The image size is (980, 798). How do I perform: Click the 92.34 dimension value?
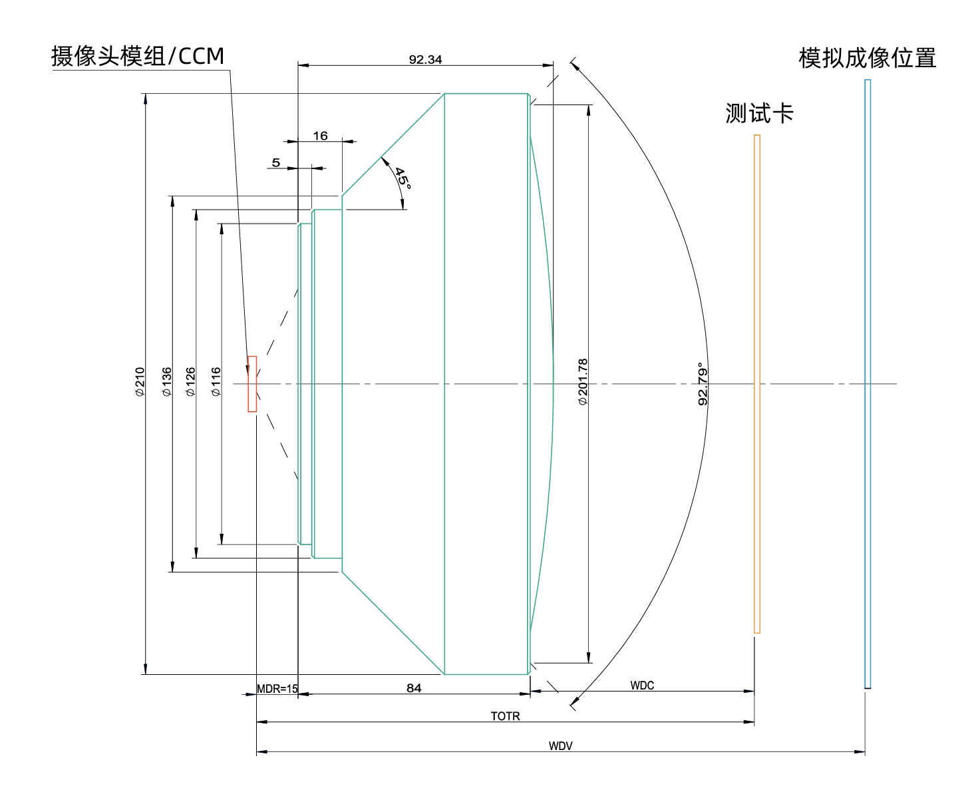coord(425,59)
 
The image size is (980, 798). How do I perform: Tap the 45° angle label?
coord(403,178)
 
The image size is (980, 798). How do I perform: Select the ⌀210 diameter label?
coord(140,382)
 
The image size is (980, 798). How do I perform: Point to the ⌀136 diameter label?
coord(166,382)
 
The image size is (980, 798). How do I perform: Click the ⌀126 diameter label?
coord(191,382)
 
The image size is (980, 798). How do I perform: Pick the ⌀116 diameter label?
coord(216,382)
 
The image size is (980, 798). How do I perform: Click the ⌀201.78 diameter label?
coord(583,382)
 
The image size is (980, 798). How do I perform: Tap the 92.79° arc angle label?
coord(703,384)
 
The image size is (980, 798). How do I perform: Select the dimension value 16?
coord(320,136)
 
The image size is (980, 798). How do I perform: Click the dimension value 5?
coord(276,162)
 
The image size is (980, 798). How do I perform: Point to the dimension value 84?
coord(414,688)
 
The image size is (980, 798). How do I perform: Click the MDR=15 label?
coord(277,689)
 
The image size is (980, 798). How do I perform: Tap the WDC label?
coord(642,686)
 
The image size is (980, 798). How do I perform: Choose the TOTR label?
coord(505,716)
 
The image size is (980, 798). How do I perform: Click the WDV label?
coord(560,746)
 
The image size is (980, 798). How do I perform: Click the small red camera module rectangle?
coord(252,384)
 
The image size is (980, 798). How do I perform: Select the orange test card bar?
coord(757,384)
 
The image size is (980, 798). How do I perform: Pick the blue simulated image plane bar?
coord(868,384)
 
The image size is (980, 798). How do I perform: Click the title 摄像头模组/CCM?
coord(138,56)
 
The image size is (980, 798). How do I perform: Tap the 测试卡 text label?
coord(759,113)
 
